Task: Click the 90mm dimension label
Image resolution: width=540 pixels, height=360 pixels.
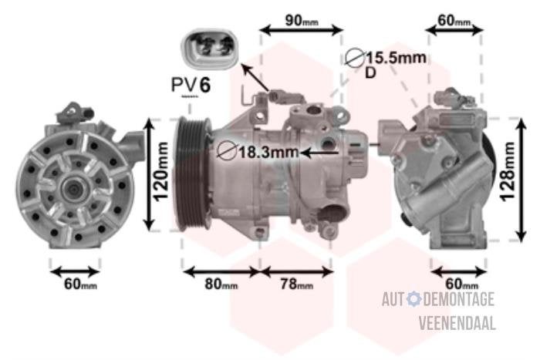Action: [x=302, y=21]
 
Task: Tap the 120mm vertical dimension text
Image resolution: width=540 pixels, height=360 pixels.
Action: [x=160, y=171]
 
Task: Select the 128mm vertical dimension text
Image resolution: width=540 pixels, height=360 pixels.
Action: [x=508, y=171]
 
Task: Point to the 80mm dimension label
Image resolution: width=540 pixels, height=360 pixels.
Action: [x=221, y=284]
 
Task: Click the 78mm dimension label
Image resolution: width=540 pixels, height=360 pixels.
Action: [x=296, y=284]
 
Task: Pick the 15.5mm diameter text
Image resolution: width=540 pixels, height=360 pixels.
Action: [x=396, y=58]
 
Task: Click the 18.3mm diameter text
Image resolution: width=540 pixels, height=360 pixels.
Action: [x=268, y=152]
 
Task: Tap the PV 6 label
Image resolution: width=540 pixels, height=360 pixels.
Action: [x=191, y=85]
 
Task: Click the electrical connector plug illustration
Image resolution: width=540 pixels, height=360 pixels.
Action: [x=209, y=49]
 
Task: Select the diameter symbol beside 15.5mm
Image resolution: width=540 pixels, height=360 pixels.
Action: [x=355, y=58]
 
